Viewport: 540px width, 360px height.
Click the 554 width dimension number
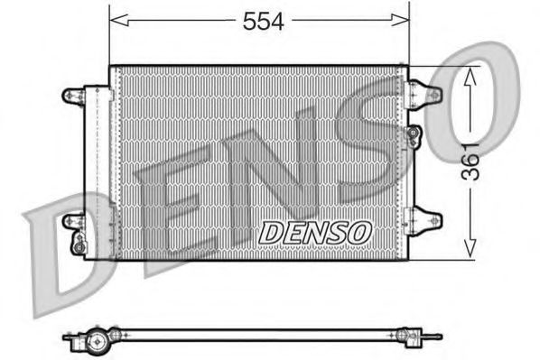pyautogui.click(x=263, y=23)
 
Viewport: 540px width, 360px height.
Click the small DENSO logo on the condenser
pyautogui.click(x=314, y=232)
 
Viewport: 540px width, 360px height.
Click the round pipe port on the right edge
pyautogui.click(x=414, y=134)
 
